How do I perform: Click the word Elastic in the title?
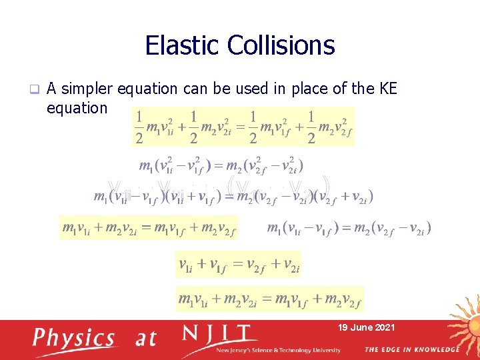pyautogui.click(x=183, y=45)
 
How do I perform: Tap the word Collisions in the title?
pyautogui.click(x=281, y=45)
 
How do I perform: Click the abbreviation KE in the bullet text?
pyautogui.click(x=385, y=89)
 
